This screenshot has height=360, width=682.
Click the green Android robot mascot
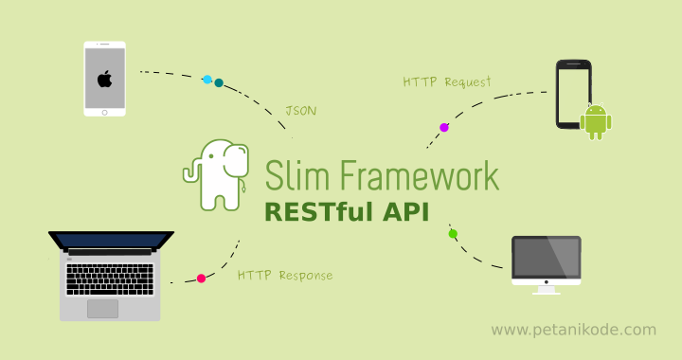596,120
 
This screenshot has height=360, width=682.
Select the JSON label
301,111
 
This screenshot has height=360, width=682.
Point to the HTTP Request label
447,82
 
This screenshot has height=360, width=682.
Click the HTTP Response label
285,276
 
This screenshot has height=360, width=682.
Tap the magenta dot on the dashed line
443,127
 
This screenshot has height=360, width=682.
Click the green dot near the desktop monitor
453,233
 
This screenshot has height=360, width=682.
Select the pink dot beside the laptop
201,279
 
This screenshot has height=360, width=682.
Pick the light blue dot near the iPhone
207,80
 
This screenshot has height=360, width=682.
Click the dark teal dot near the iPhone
219,83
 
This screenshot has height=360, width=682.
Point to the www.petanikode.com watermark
574,330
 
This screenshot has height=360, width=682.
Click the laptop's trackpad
103,308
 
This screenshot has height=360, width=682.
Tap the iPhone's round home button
104,111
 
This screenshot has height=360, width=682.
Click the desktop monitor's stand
547,288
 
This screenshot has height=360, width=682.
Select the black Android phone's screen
571,96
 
